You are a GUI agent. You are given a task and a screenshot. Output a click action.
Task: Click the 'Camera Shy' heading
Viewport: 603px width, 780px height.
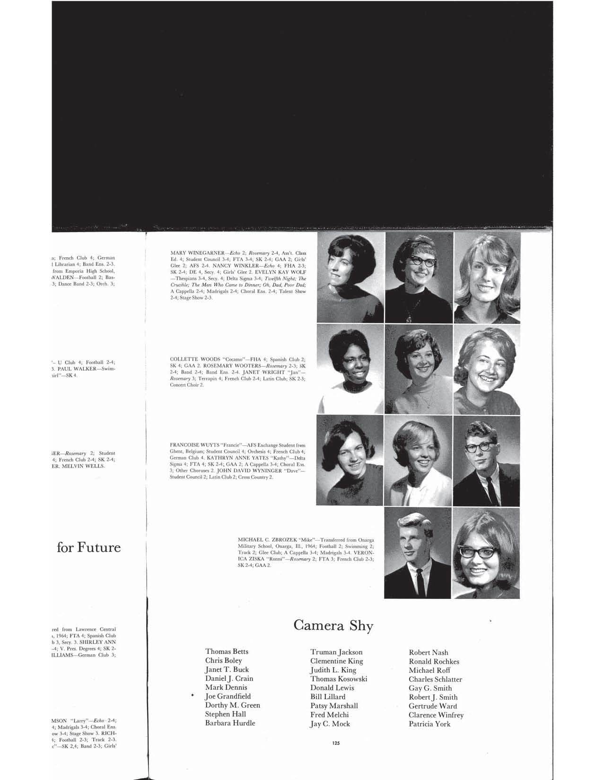333,625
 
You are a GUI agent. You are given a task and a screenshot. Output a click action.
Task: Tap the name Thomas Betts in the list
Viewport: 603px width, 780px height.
227,651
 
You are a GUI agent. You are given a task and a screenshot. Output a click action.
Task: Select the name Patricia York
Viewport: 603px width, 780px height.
429,724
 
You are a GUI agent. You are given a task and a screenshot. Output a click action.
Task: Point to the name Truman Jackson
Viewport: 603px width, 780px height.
336,652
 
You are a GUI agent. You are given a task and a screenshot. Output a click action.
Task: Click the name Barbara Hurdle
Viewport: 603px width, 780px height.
230,723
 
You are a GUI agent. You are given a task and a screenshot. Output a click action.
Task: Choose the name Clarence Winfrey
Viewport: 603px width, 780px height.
436,715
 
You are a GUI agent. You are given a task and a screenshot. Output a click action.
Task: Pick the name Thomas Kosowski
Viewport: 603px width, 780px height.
339,679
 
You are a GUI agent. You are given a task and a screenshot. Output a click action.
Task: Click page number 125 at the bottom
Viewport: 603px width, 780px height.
336,743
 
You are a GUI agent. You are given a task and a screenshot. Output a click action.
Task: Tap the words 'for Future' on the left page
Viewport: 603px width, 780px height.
88,547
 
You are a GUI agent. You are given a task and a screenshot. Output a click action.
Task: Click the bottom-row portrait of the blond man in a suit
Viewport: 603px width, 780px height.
417,552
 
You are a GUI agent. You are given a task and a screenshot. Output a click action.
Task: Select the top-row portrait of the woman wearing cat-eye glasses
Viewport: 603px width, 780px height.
419,277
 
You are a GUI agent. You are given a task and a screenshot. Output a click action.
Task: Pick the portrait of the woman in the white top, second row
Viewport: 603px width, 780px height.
350,369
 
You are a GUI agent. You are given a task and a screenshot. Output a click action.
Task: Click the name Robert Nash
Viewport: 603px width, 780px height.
428,652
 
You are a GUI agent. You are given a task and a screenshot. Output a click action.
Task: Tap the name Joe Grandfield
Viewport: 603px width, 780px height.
227,696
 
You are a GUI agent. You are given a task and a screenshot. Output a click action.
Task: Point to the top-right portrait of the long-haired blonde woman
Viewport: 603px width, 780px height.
487,277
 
